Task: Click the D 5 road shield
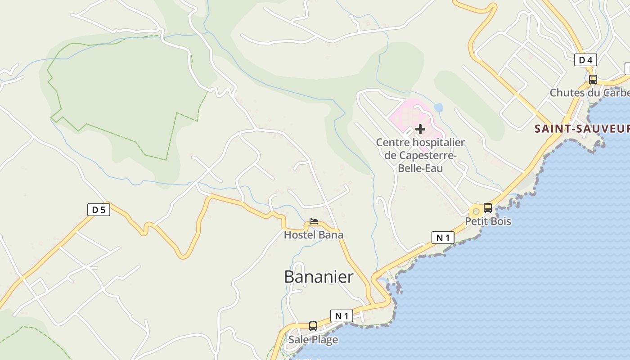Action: (99, 210)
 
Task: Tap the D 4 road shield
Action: (585, 60)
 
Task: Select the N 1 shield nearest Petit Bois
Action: (443, 238)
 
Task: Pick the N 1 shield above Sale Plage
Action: (342, 316)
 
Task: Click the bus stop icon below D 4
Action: (593, 80)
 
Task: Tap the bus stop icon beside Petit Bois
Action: (488, 208)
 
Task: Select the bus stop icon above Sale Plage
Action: (313, 326)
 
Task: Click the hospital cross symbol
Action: (420, 130)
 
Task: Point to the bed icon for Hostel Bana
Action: (314, 221)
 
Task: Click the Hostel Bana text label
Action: (313, 235)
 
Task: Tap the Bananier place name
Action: (319, 277)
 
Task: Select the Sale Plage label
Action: (313, 339)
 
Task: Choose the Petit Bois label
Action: (488, 221)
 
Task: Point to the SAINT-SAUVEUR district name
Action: (582, 129)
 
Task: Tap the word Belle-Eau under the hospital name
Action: (420, 168)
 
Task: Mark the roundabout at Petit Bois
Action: (476, 211)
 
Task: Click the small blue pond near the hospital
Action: (438, 108)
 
